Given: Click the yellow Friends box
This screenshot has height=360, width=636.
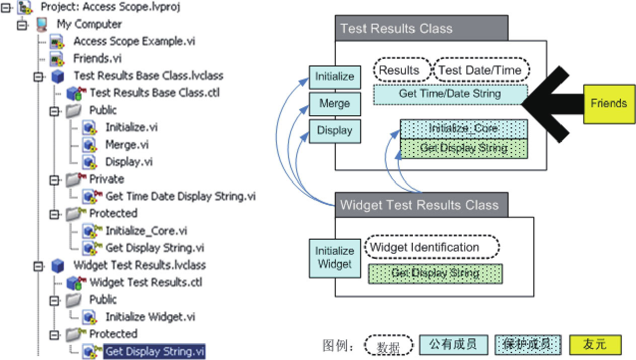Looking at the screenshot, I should (x=608, y=104).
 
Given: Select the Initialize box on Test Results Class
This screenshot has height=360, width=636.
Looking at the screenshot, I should (x=334, y=77).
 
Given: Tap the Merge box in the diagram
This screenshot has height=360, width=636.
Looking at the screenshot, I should (x=334, y=104).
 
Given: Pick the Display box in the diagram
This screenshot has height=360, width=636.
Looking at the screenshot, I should (x=334, y=130).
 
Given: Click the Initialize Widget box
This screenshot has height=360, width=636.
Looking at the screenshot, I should (x=334, y=257).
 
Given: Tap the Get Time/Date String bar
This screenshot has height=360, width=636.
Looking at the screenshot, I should (x=450, y=94).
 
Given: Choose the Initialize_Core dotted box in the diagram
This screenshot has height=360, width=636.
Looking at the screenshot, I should (x=463, y=128).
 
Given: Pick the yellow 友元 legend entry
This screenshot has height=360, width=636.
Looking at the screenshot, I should (x=595, y=345).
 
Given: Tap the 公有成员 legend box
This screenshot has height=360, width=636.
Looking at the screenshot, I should (x=454, y=345).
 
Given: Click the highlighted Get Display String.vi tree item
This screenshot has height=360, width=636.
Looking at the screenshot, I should (x=155, y=351).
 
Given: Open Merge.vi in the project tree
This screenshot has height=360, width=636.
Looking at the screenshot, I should (x=127, y=145).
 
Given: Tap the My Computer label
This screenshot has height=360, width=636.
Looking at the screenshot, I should (x=89, y=24).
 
